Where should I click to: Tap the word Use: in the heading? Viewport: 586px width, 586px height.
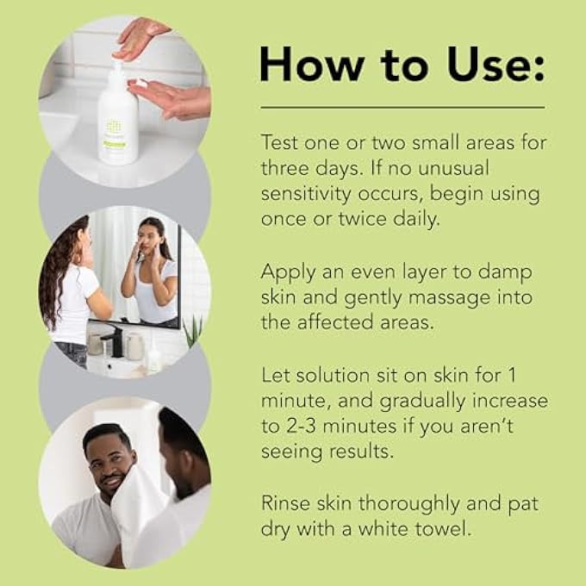pos(487,64)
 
